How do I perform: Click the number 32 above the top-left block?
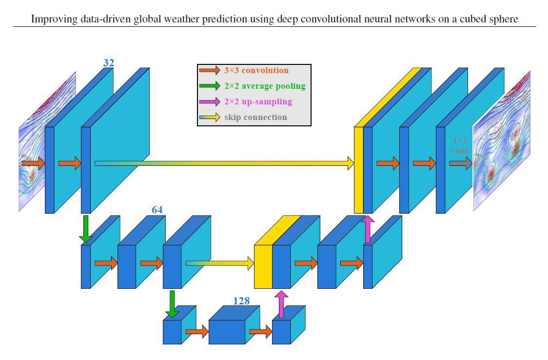[x=108, y=62]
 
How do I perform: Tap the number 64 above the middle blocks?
[x=157, y=210]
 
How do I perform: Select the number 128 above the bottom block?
[x=241, y=301]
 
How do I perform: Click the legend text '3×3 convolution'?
[x=256, y=71]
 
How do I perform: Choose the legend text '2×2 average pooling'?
[x=265, y=86]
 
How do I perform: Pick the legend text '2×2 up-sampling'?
[x=258, y=101]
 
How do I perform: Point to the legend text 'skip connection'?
[x=255, y=117]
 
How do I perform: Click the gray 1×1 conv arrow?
[x=460, y=163]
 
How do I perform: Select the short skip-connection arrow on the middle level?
[x=220, y=263]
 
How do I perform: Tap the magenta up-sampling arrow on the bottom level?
[x=281, y=304]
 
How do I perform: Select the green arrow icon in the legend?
[x=210, y=86]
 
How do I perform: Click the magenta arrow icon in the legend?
[x=210, y=101]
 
